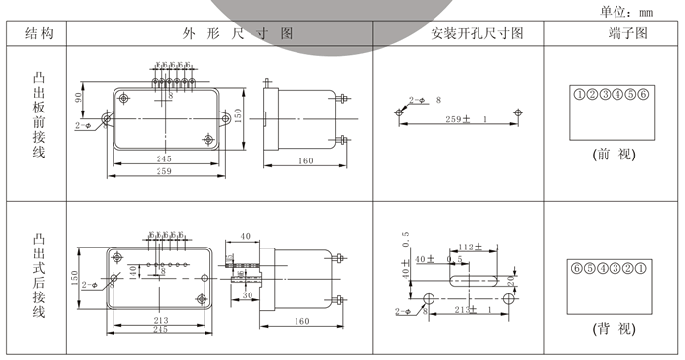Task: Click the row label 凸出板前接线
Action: (x=39, y=114)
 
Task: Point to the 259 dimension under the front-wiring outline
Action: (x=163, y=172)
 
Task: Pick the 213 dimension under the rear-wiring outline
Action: (x=161, y=320)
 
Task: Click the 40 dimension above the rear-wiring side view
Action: (x=245, y=236)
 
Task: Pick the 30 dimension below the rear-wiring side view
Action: (x=248, y=295)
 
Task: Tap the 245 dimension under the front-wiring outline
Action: (x=162, y=158)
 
